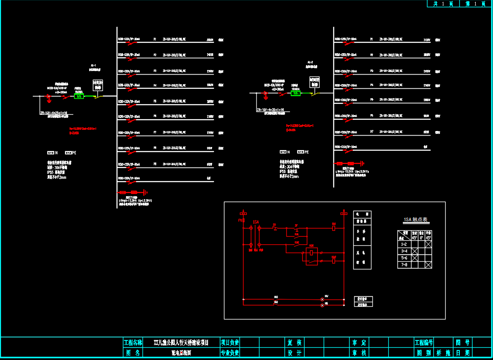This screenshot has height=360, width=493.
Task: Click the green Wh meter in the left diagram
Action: (79, 96)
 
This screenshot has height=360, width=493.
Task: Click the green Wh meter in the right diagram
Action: (296, 93)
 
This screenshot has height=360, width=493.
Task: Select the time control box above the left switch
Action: (98, 85)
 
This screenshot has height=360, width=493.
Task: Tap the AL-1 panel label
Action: (94, 66)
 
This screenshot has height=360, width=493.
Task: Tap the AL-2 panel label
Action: (310, 62)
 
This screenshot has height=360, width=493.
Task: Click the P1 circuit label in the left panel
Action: (155, 40)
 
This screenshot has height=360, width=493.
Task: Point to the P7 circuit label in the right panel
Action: (371, 132)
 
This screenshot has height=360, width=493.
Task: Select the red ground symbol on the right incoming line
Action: (265, 96)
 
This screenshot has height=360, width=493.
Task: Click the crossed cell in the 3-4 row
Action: (415, 251)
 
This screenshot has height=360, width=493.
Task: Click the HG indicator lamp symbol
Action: (323, 304)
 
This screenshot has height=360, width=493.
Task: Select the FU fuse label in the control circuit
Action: (241, 221)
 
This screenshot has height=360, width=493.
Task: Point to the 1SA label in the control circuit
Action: (255, 222)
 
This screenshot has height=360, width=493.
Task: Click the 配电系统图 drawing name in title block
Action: (181, 353)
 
